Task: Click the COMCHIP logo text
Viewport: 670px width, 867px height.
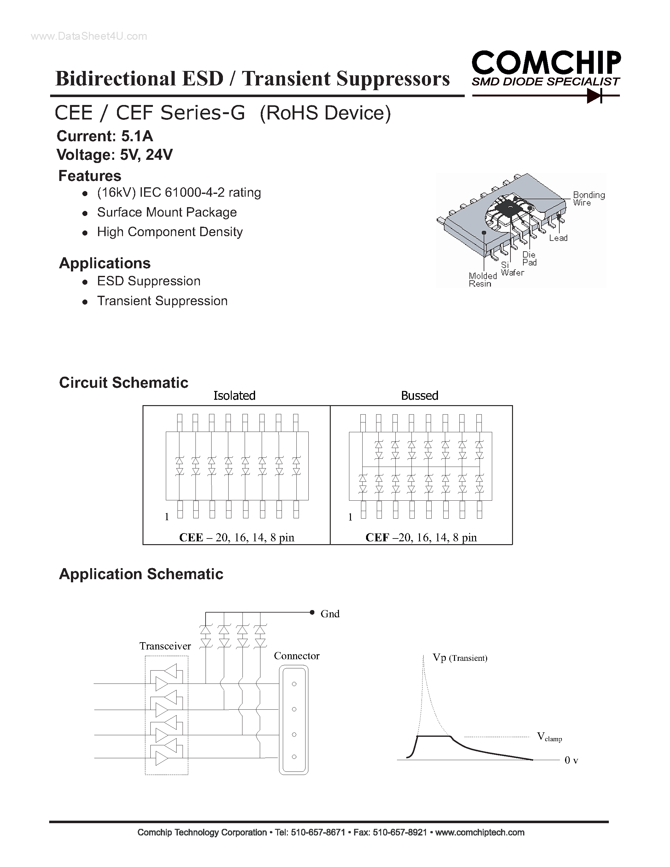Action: (x=546, y=63)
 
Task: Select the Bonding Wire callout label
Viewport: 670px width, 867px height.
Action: (x=588, y=199)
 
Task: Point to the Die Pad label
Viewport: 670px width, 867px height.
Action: (x=529, y=259)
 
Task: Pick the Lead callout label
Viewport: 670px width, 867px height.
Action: (x=558, y=238)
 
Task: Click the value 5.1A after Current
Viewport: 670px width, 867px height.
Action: (x=137, y=136)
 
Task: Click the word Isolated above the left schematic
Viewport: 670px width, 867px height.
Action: (x=234, y=395)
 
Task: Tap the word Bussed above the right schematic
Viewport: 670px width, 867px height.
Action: (x=420, y=395)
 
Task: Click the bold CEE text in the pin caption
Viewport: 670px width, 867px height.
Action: (x=191, y=537)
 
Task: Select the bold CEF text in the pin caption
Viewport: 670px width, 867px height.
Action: (x=377, y=537)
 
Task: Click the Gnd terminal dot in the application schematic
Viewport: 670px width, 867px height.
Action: (x=312, y=613)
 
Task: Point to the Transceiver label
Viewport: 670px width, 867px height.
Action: (x=165, y=646)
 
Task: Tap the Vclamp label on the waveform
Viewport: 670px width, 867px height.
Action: (x=549, y=737)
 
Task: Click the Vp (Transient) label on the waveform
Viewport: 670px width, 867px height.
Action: (x=460, y=658)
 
